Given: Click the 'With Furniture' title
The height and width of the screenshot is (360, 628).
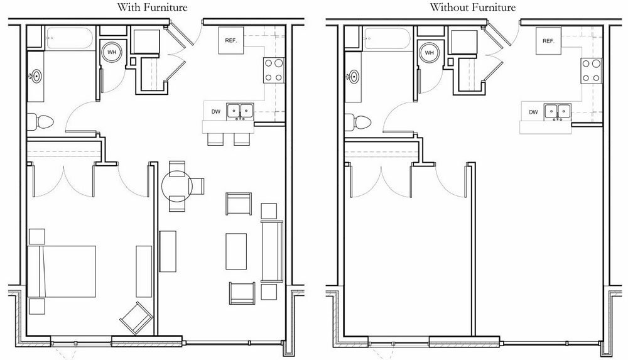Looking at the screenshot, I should [x=153, y=8].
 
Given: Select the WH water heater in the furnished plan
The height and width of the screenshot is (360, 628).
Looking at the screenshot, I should [x=112, y=53].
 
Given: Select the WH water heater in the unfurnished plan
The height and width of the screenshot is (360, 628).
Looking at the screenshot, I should [x=430, y=53].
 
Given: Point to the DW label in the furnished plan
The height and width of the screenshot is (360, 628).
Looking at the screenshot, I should [x=215, y=112].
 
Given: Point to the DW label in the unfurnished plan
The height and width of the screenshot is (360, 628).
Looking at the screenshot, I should [x=533, y=112].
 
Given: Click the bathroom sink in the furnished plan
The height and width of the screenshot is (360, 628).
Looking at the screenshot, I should [x=36, y=77].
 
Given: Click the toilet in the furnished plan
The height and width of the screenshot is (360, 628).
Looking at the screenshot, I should [x=41, y=119].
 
